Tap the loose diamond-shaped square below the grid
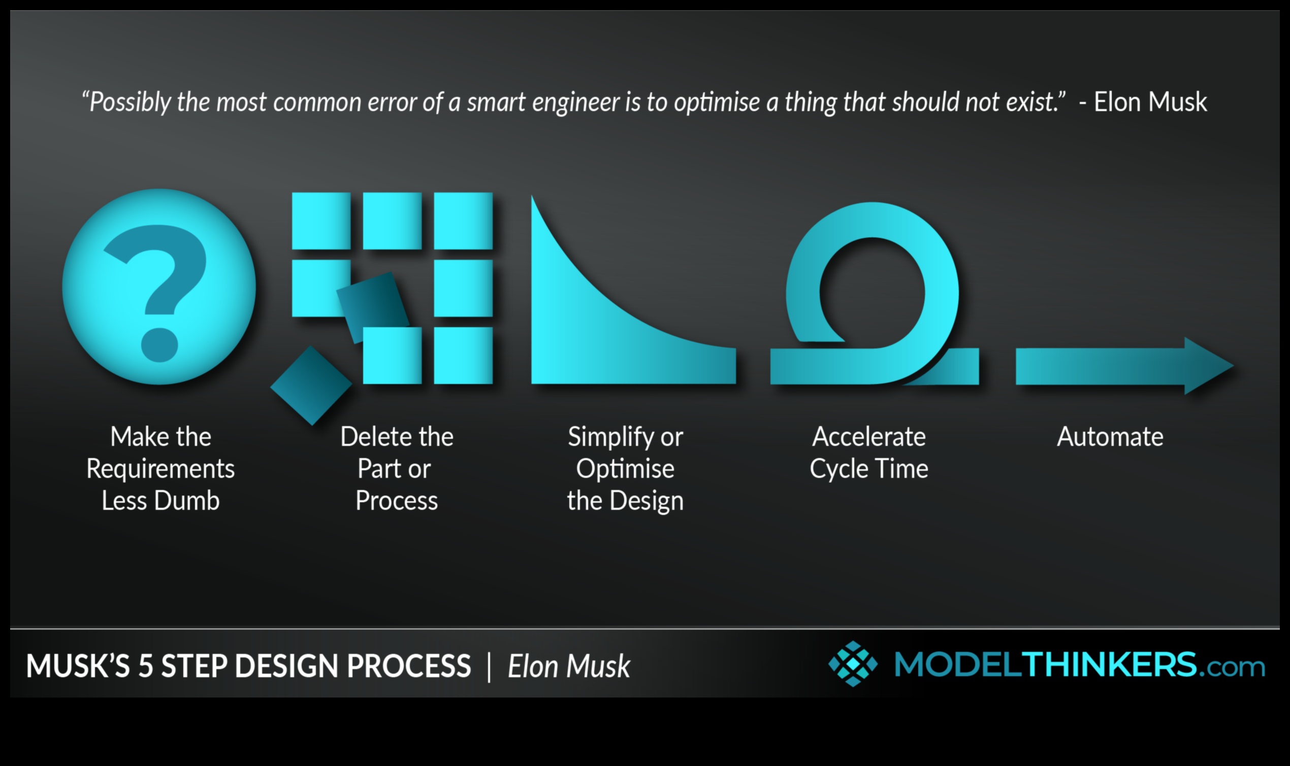tap(311, 385)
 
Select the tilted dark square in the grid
tap(373, 307)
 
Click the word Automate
tap(1110, 437)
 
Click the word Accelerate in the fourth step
tap(869, 437)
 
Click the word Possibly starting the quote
tap(126, 102)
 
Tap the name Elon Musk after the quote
tap(1150, 101)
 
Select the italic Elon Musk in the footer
tap(569, 666)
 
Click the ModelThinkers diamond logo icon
tap(853, 664)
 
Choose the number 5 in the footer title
tap(145, 666)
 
